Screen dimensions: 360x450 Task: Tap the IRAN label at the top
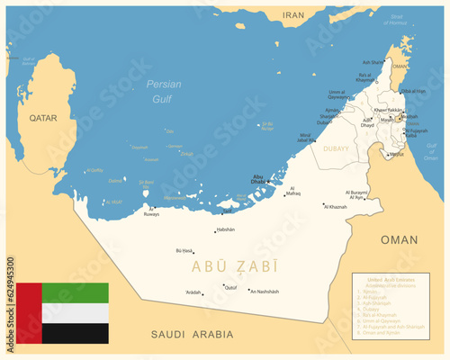(x=294, y=15)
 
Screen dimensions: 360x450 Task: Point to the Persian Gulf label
(x=163, y=90)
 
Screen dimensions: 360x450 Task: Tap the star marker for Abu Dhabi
(x=267, y=182)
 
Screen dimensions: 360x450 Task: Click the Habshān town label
(x=225, y=229)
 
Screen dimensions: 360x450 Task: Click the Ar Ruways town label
(x=150, y=215)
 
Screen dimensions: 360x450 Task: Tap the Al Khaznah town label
(x=336, y=207)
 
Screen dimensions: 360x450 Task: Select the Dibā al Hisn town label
(x=411, y=91)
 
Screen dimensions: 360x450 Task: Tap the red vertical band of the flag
(x=29, y=313)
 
